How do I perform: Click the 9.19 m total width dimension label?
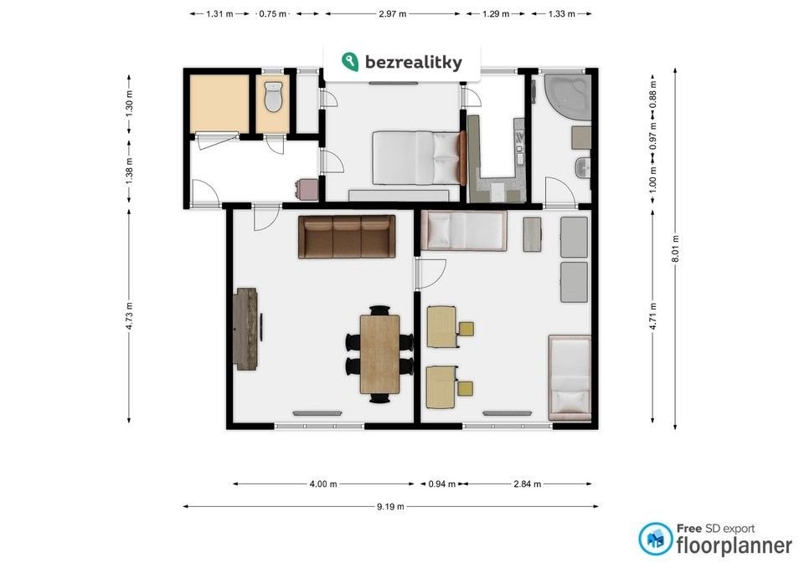pyautogui.click(x=390, y=507)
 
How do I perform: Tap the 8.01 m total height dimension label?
pyautogui.click(x=675, y=249)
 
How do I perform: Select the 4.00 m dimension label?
pyautogui.click(x=323, y=484)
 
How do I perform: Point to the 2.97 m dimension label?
pyautogui.click(x=392, y=14)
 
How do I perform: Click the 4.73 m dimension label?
pyautogui.click(x=129, y=316)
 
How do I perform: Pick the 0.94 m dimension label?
pyautogui.click(x=442, y=484)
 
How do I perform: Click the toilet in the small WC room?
pyautogui.click(x=273, y=97)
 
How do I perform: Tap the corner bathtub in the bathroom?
pyautogui.click(x=568, y=97)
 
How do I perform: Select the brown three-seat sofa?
pyautogui.click(x=347, y=236)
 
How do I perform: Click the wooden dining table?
pyautogui.click(x=380, y=354)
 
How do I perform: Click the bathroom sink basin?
pyautogui.click(x=583, y=167)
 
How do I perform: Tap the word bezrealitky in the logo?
pyautogui.click(x=413, y=62)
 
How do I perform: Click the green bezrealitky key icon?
pyautogui.click(x=350, y=61)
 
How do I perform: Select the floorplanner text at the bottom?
pyautogui.click(x=734, y=545)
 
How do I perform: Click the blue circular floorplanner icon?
pyautogui.click(x=655, y=539)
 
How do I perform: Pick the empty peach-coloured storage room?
pyautogui.click(x=219, y=104)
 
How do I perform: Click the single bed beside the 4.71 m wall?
pyautogui.click(x=569, y=377)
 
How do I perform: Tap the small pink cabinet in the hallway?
pyautogui.click(x=307, y=188)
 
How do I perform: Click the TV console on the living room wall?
pyautogui.click(x=245, y=328)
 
